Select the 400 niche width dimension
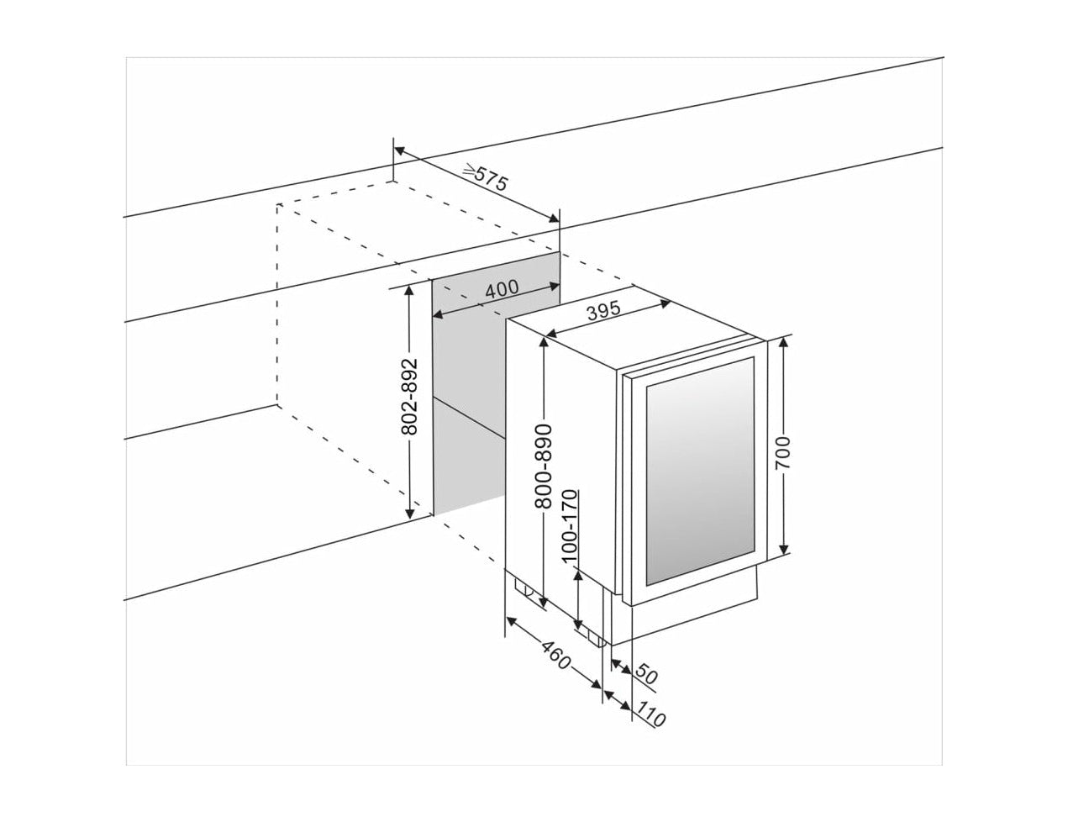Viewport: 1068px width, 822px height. [x=502, y=287]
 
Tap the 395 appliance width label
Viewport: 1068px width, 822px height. [x=602, y=312]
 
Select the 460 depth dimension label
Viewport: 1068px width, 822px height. [x=555, y=655]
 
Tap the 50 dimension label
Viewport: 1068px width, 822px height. [x=645, y=674]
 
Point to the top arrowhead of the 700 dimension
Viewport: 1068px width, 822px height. [x=784, y=342]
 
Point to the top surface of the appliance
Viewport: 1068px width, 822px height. [x=630, y=336]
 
